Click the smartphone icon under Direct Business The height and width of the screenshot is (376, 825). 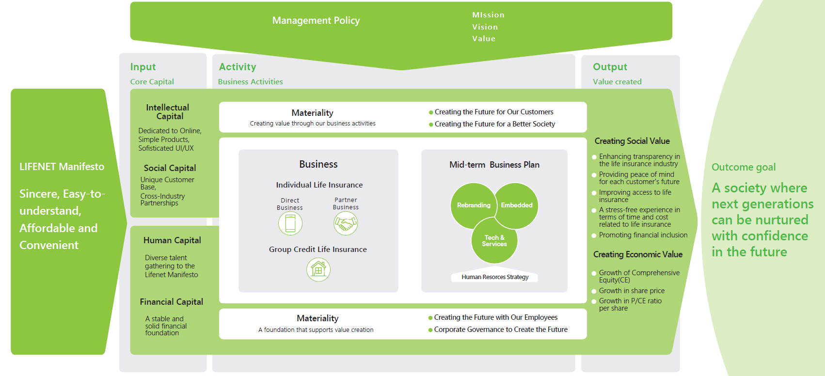[x=290, y=223]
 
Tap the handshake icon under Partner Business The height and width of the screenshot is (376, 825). [x=346, y=223]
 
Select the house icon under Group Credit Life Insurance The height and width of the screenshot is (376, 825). [x=318, y=269]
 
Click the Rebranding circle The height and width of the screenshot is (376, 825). [x=473, y=205]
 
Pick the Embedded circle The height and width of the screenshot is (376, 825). [x=517, y=205]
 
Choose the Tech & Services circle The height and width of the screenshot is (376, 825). [x=494, y=241]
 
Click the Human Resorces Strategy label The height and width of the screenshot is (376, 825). [x=495, y=277]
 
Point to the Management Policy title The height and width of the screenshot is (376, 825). [x=316, y=20]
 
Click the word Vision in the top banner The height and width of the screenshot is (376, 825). [x=485, y=27]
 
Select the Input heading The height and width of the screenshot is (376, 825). [x=143, y=67]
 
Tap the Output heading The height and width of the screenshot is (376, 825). [x=610, y=67]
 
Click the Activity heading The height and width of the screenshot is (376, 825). [x=238, y=67]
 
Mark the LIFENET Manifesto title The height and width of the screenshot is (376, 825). [x=62, y=167]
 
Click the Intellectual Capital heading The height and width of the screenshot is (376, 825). [x=168, y=112]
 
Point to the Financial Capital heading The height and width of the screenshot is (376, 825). [x=171, y=302]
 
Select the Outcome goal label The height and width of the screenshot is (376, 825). [x=743, y=167]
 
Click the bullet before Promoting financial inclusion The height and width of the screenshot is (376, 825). [x=594, y=235]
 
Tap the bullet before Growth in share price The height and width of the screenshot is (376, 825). [x=594, y=291]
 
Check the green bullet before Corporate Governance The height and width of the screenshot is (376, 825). [x=430, y=330]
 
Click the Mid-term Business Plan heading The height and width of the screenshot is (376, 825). [x=494, y=165]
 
